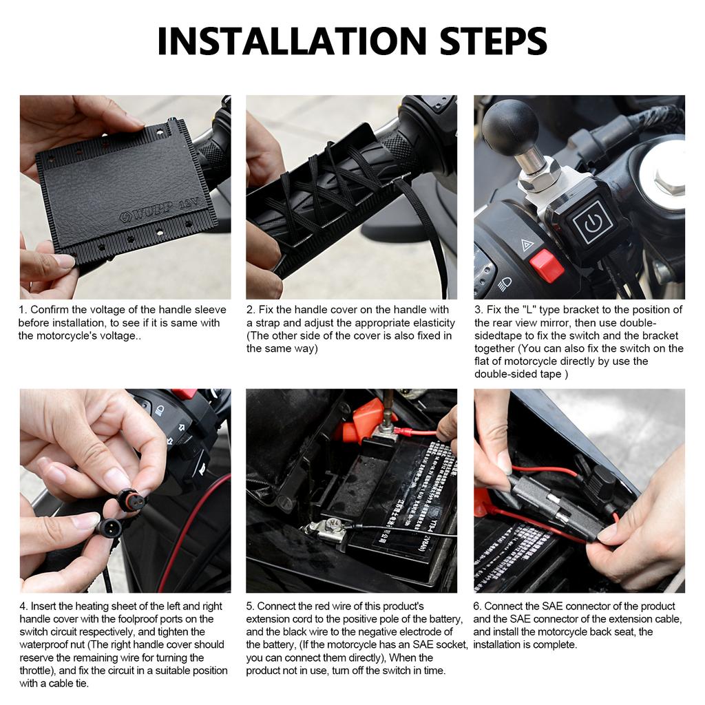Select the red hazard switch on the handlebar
[547, 266]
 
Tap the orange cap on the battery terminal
[362, 421]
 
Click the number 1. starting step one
[23, 310]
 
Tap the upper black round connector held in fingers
[130, 500]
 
